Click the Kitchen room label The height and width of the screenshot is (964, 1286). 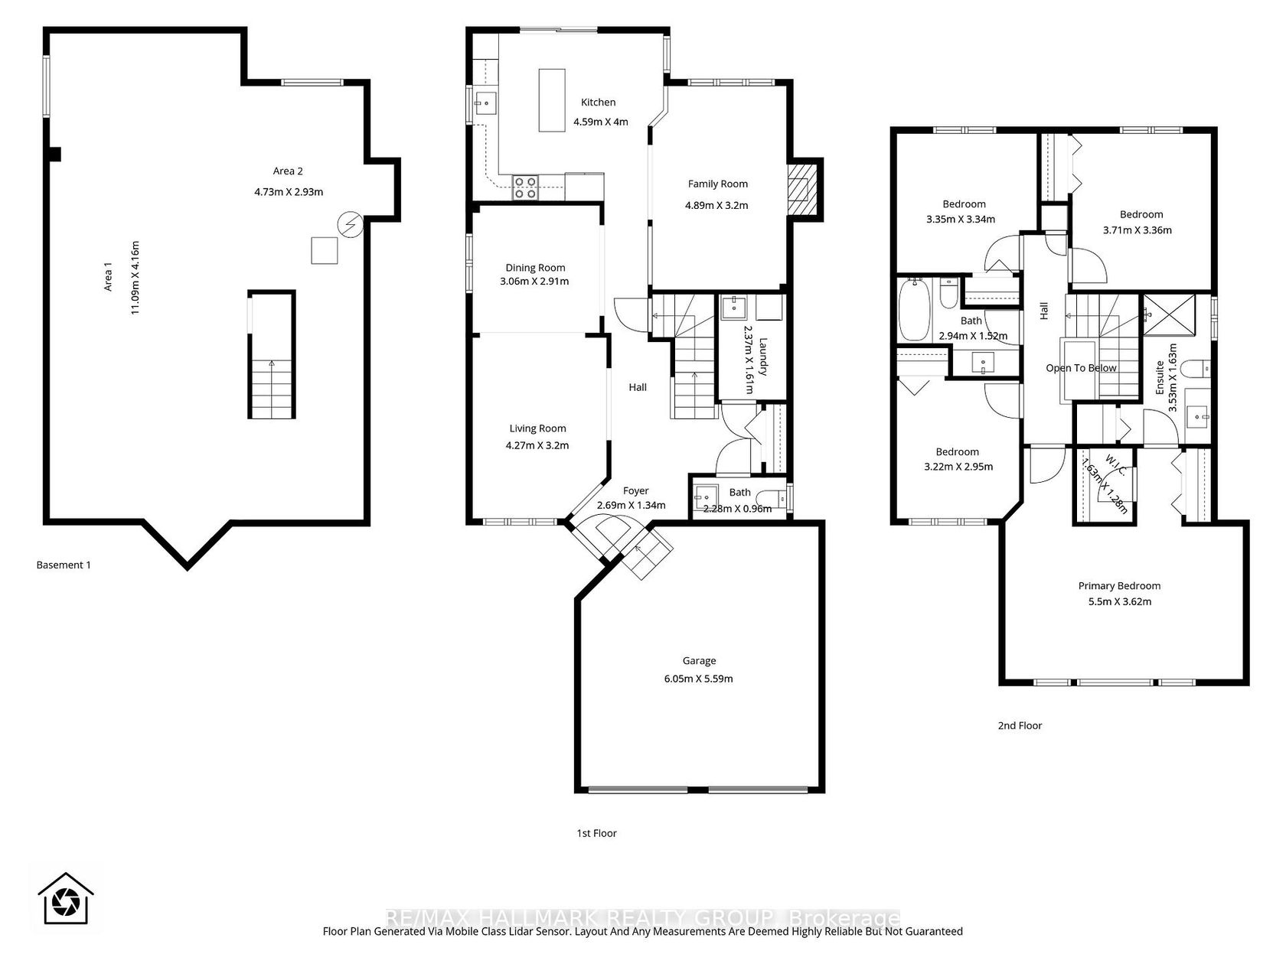click(x=598, y=103)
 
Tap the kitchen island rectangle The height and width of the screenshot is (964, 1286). click(x=552, y=100)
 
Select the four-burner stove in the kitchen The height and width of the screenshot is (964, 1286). click(x=525, y=188)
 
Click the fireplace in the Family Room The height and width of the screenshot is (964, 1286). click(x=801, y=190)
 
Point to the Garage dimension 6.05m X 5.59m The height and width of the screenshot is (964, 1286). click(x=698, y=679)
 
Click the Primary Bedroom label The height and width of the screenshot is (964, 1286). click(x=1119, y=586)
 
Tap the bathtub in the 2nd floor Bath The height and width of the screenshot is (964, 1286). click(x=914, y=310)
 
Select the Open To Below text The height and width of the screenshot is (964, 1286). click(x=1081, y=368)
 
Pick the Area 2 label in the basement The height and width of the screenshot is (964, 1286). click(x=288, y=171)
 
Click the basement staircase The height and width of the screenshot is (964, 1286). click(x=271, y=355)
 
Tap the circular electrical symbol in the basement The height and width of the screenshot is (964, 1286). click(x=351, y=224)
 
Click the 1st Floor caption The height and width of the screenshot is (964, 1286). click(x=596, y=833)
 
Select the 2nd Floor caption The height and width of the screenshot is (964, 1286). click(x=1020, y=725)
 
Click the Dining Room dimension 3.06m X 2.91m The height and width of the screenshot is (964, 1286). click(x=534, y=282)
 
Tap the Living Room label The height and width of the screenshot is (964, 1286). click(x=537, y=428)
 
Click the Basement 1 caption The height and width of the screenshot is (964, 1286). click(x=64, y=565)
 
